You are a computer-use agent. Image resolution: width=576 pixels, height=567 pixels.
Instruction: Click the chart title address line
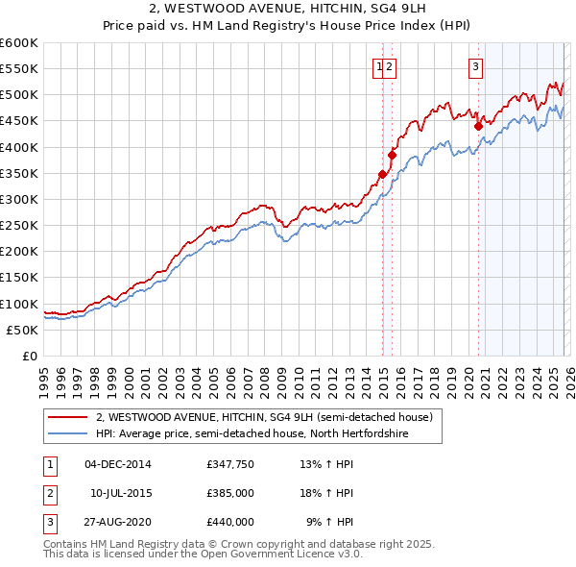[288, 9]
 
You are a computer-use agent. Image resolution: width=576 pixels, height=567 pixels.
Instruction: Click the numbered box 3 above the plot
[476, 66]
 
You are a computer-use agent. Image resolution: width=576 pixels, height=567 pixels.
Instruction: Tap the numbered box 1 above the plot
[380, 66]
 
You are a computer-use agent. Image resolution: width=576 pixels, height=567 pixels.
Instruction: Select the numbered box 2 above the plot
[392, 66]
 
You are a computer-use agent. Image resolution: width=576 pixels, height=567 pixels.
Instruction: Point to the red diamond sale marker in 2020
[478, 124]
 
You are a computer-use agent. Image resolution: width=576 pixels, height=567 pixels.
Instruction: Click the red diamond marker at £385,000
[392, 155]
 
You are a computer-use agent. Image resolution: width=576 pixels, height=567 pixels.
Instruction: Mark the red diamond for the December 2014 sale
[382, 174]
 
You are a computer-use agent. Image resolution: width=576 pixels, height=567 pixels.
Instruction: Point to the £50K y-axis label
[22, 330]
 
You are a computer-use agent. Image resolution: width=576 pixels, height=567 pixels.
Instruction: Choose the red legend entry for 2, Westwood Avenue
[265, 418]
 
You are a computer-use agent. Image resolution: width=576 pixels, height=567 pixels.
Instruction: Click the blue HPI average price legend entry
[252, 434]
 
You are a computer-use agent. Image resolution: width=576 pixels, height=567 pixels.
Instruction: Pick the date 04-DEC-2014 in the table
[117, 463]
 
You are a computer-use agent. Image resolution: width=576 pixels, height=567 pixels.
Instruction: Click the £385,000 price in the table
[229, 492]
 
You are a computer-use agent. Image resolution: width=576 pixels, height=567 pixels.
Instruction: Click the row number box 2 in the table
[49, 492]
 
